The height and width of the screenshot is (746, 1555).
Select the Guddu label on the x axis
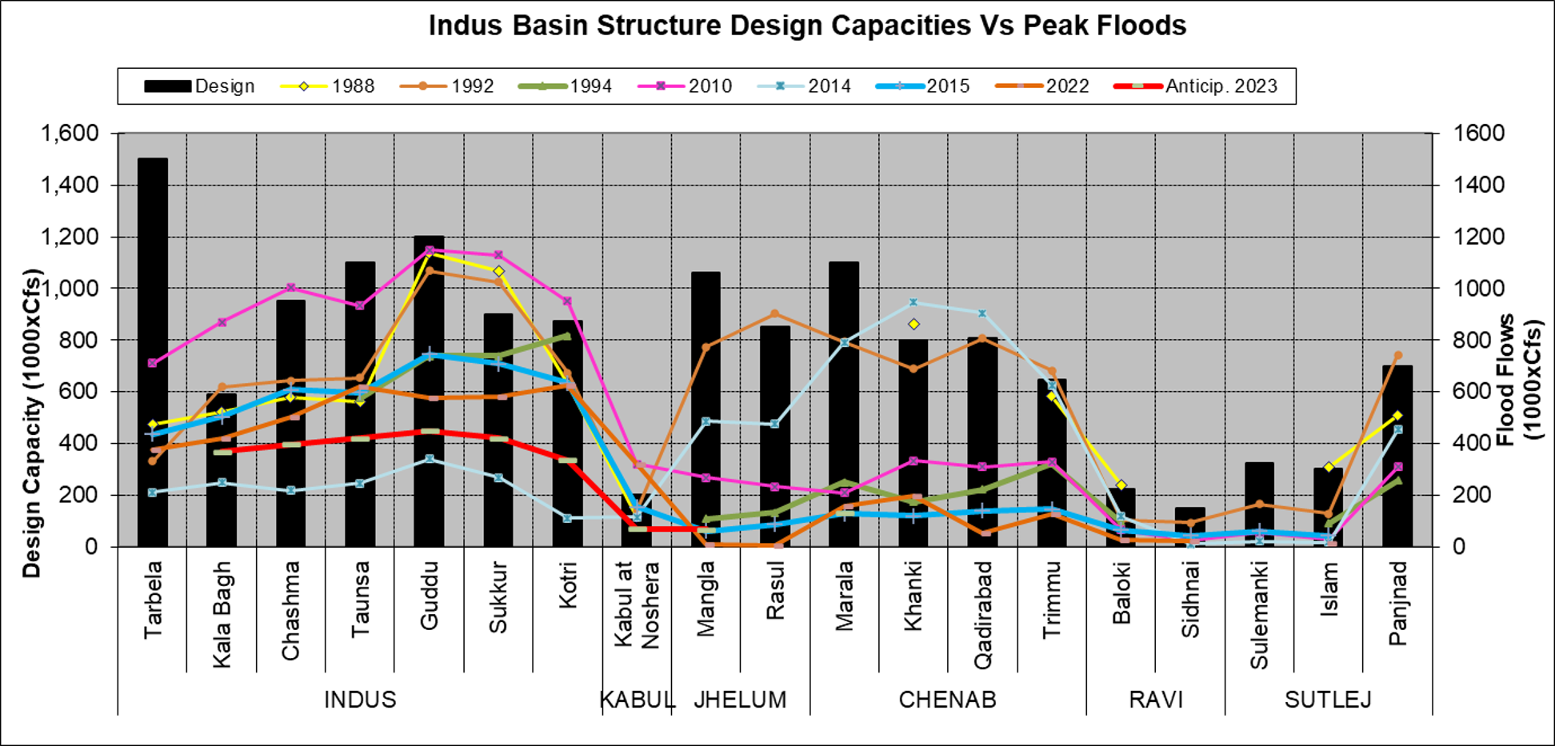(430, 595)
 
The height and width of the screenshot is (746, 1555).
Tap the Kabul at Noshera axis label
(637, 604)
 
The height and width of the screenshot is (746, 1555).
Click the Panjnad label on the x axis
(1397, 603)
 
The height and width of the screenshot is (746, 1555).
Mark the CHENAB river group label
(947, 700)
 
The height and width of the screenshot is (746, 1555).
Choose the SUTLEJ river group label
(1328, 700)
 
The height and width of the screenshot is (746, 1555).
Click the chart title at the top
(807, 26)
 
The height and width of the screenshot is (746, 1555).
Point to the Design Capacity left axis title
(31, 424)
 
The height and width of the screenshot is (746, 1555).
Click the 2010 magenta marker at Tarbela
(152, 363)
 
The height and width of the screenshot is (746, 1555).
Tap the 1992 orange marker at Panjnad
(1397, 355)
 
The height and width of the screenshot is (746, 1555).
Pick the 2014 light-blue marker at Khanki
(913, 302)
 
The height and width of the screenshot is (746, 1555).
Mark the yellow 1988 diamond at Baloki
(1121, 485)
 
